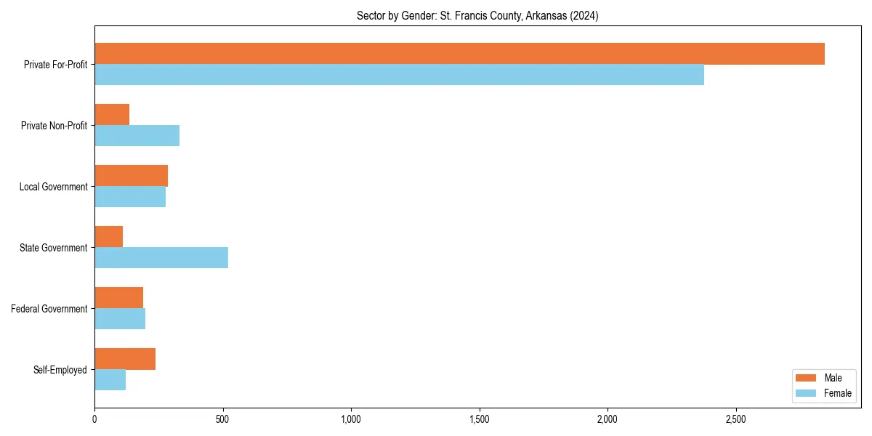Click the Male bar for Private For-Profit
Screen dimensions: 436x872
[x=459, y=54]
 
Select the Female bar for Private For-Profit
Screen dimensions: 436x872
[x=399, y=75]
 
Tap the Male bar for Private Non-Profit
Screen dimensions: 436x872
[x=112, y=115]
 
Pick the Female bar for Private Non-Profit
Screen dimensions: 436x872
[x=137, y=136]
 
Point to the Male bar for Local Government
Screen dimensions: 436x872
[x=131, y=176]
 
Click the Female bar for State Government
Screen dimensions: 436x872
[x=161, y=258]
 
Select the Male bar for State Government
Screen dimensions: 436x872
[x=108, y=237]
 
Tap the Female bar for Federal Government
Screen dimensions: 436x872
[x=120, y=319]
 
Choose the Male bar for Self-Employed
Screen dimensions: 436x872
[x=125, y=359]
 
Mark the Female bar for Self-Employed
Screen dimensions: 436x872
[x=110, y=380]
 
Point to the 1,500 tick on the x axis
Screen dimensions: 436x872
[x=479, y=419]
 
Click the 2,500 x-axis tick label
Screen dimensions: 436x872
[x=735, y=419]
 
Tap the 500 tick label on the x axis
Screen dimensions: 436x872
[x=222, y=419]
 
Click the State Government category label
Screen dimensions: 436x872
[x=53, y=248]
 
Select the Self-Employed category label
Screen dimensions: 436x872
[x=60, y=370]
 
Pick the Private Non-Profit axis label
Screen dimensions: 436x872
[x=54, y=126]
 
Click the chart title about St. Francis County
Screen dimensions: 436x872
[x=477, y=16]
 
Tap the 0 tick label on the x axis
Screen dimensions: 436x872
[x=94, y=419]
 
